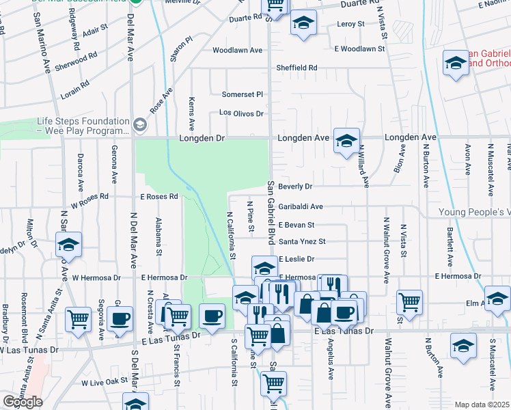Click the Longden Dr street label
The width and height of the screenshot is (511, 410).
202,138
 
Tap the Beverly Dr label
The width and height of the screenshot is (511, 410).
295,186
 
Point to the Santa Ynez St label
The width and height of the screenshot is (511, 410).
302,241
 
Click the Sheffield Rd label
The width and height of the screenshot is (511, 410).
297,68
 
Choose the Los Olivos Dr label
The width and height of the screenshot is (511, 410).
240,113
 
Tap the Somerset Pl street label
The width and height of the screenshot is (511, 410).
243,94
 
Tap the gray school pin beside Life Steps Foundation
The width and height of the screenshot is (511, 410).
141,124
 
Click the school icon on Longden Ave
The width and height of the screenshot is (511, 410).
346,140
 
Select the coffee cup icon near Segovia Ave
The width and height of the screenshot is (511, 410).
121,318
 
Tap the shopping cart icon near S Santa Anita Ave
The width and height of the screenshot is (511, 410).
79,318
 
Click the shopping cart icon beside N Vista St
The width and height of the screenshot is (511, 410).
409,301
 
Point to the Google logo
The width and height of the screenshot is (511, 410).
23,401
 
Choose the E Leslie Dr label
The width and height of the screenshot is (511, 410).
296,259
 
